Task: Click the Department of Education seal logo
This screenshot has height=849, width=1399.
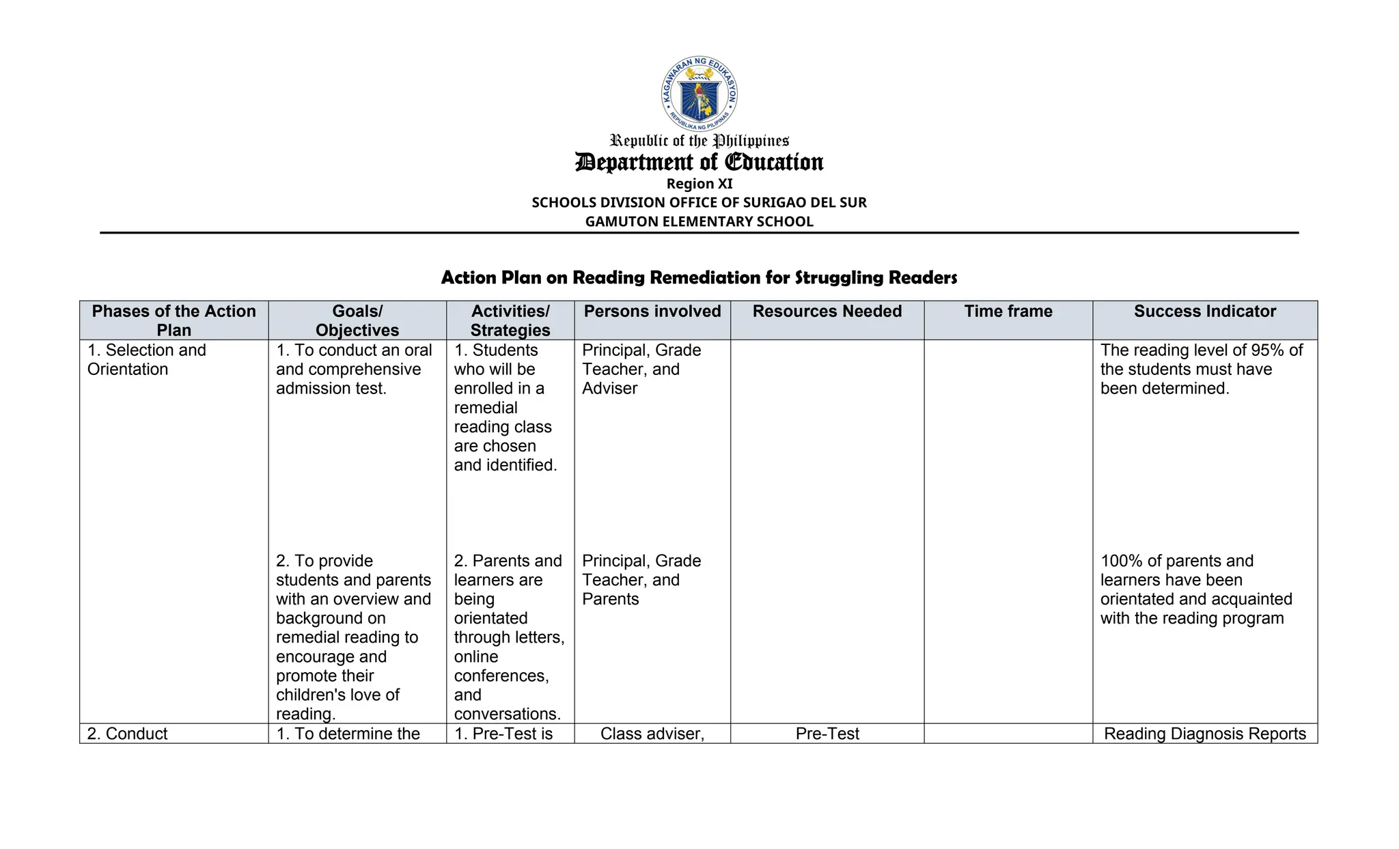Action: (x=699, y=94)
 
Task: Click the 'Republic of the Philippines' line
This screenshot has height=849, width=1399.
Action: (x=699, y=141)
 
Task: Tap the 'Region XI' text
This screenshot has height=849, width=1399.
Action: (x=699, y=184)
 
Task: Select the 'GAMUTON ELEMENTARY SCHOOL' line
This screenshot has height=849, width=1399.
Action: (x=699, y=221)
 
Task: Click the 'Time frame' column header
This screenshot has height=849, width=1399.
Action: (x=1008, y=311)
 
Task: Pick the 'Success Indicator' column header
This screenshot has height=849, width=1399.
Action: (x=1204, y=311)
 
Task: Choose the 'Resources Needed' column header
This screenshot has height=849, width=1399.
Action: (x=827, y=311)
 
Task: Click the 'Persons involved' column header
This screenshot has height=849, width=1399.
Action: (x=652, y=311)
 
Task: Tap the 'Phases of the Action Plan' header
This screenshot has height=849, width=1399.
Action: (x=174, y=320)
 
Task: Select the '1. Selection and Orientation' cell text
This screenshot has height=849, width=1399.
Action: (x=146, y=359)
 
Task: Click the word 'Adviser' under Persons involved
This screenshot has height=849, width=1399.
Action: (x=609, y=389)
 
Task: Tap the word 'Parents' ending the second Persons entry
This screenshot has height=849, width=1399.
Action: (x=610, y=599)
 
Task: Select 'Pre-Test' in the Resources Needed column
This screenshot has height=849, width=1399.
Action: (x=827, y=734)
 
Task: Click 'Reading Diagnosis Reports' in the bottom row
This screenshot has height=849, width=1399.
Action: (x=1204, y=734)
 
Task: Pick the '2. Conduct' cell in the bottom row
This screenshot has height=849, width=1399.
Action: (x=127, y=734)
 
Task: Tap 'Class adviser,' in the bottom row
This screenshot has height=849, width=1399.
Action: (x=652, y=734)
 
